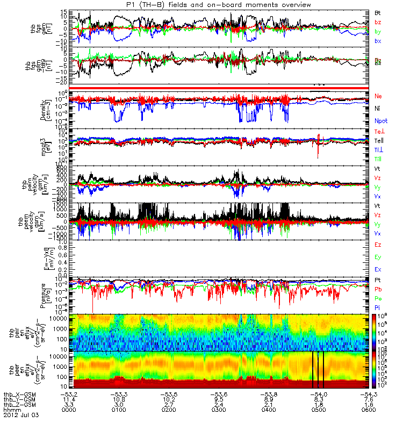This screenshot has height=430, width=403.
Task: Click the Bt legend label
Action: tap(378, 12)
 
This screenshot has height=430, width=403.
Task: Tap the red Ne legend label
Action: tap(378, 96)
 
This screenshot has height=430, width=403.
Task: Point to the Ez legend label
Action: tap(378, 245)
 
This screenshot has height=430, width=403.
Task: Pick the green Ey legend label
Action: tap(378, 257)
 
